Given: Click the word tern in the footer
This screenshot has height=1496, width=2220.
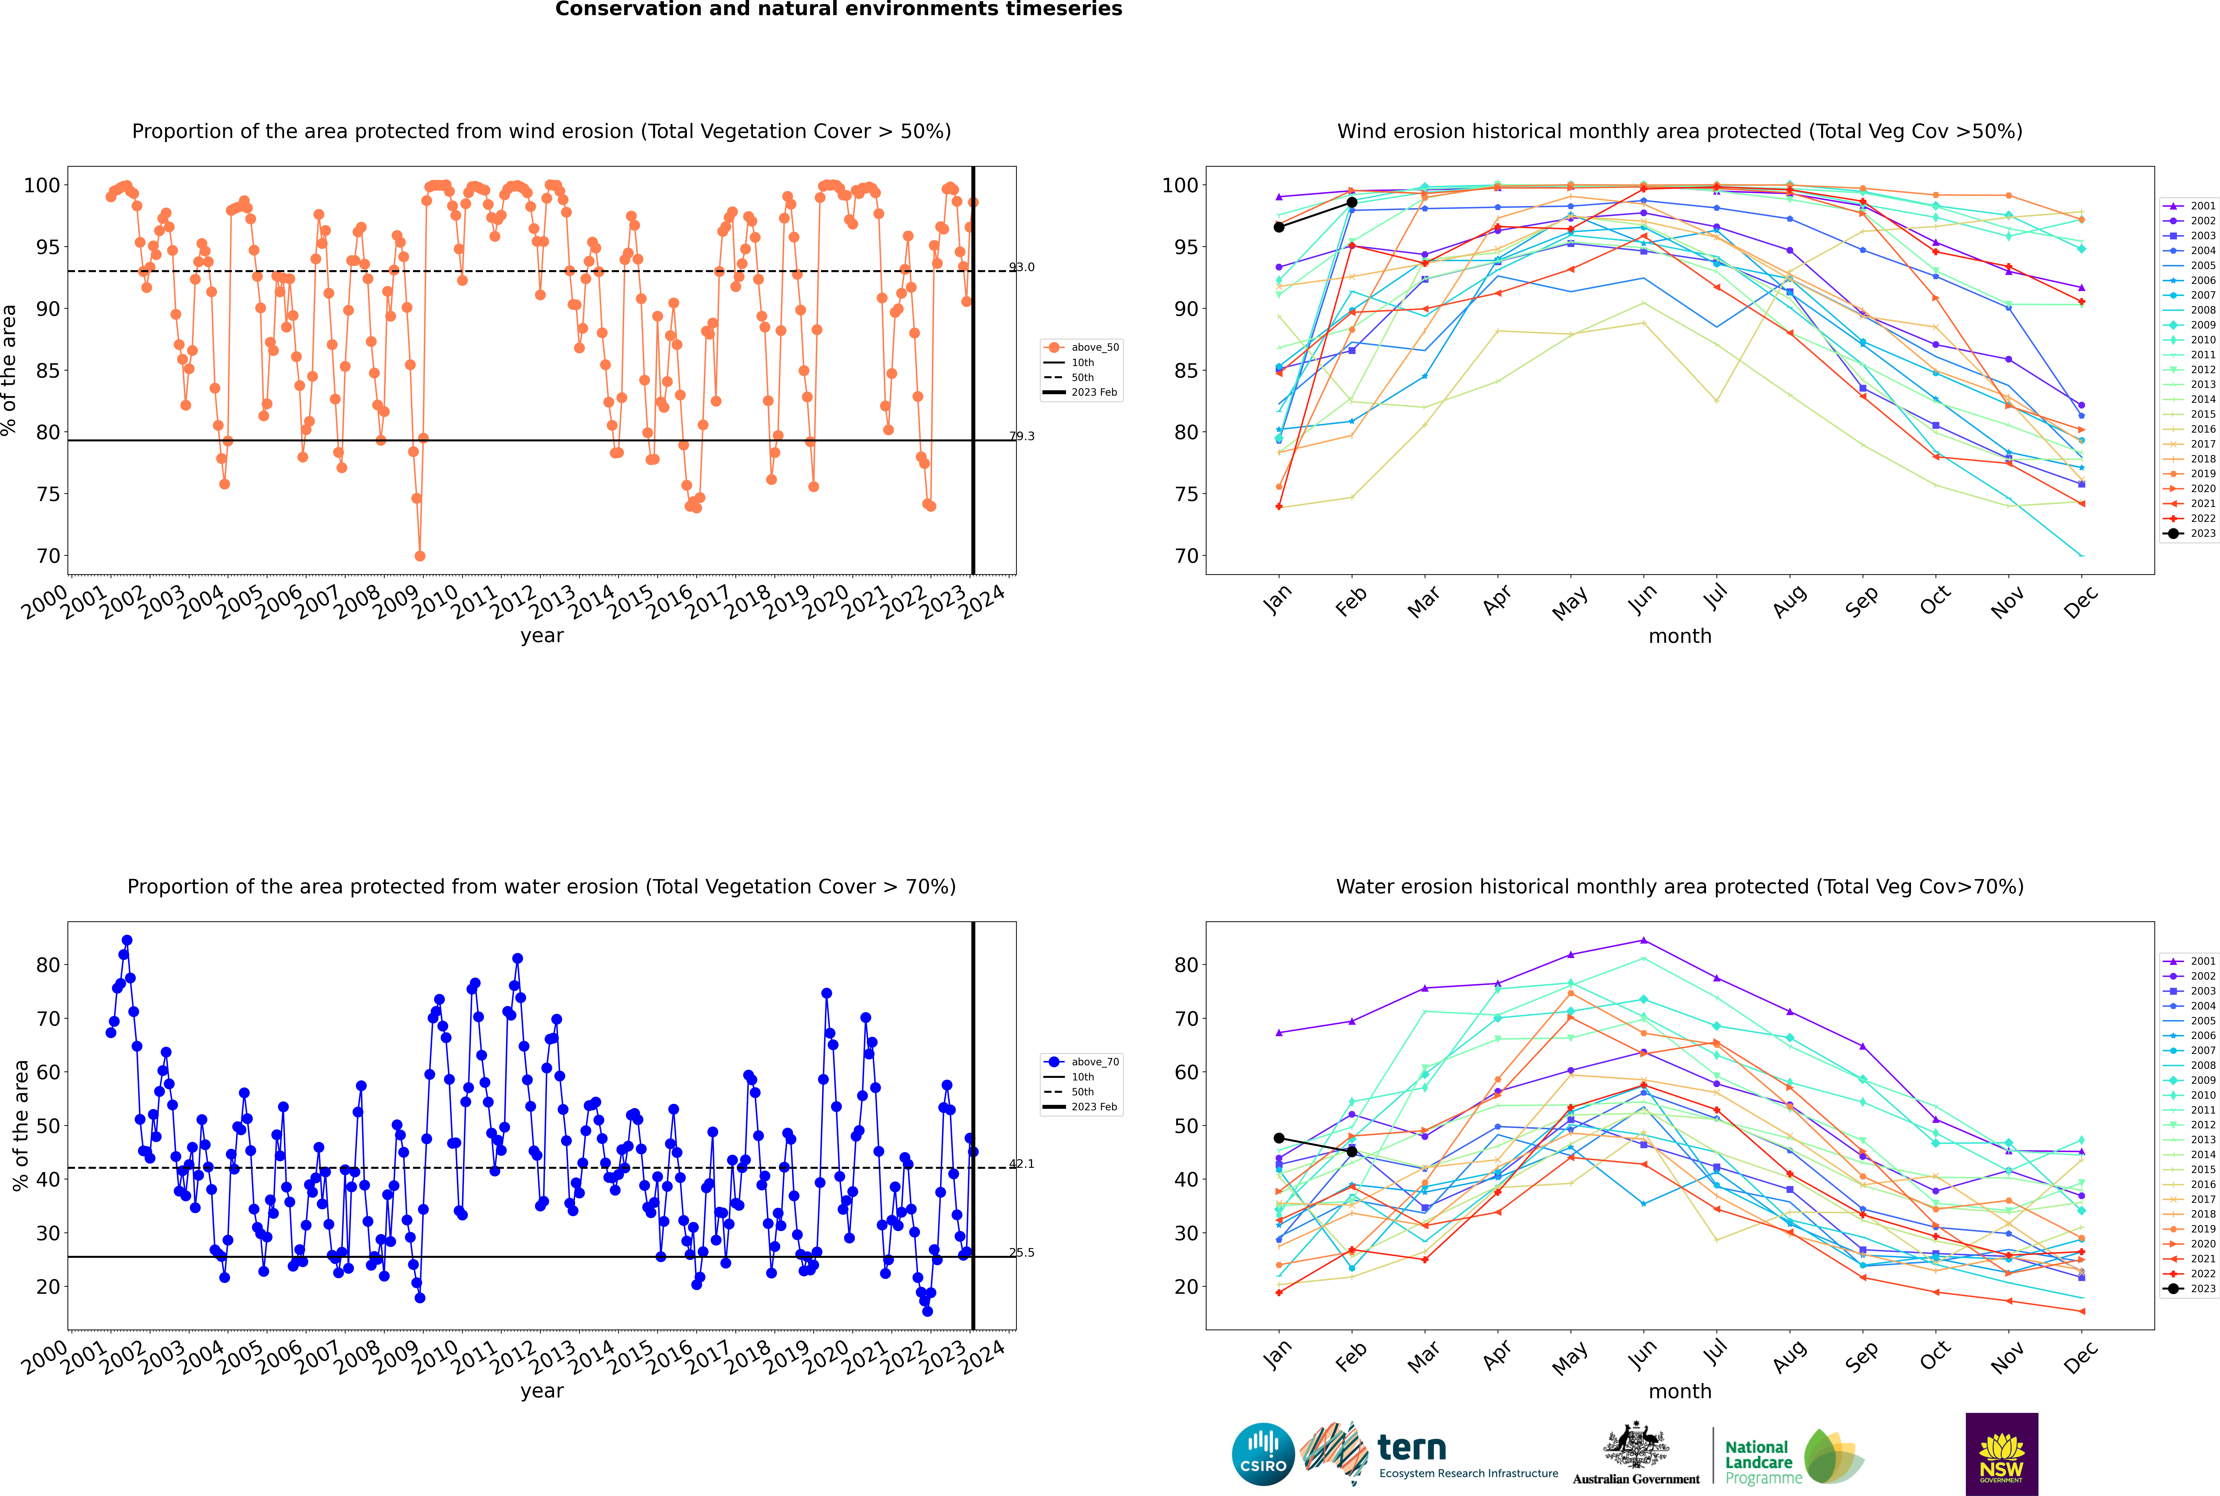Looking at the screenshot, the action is (x=1412, y=1448).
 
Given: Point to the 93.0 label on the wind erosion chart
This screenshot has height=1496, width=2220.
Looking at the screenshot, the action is (x=1021, y=267).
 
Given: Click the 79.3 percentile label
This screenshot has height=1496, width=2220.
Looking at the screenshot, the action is (x=1021, y=436).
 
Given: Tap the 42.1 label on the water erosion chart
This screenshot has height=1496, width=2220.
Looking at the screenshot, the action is (x=1021, y=1164).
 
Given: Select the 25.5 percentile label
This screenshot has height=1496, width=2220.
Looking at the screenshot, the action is (x=1021, y=1253).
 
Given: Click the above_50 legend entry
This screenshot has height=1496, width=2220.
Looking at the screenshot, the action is (x=1081, y=347).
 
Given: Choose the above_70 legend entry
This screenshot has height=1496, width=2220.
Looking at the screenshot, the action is (x=1081, y=1062).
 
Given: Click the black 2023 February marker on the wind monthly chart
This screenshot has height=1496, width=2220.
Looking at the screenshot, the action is (x=1351, y=202).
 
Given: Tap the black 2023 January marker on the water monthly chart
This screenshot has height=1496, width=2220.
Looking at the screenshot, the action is (x=1279, y=1138).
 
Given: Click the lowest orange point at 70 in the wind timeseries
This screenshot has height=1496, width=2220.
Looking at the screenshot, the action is (x=420, y=556).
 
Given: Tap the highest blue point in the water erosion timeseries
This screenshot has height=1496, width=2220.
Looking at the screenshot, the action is (x=127, y=941).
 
